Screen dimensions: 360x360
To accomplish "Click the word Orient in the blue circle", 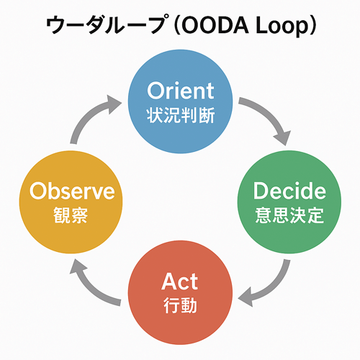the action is click(181, 91).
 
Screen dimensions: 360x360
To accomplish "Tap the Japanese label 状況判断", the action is click(181, 115).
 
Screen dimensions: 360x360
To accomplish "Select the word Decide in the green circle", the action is click(289, 191).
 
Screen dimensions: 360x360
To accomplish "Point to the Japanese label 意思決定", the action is click(289, 215).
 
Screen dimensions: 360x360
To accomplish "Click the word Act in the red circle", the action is click(180, 282).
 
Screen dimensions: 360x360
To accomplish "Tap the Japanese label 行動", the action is click(181, 305).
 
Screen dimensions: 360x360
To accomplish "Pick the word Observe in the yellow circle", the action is click(72, 191).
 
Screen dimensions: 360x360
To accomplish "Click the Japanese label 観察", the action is click(71, 215).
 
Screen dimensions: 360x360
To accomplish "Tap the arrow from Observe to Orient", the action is click(89, 115).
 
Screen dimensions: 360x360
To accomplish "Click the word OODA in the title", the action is click(215, 25).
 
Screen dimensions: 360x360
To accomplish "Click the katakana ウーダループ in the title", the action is click(106, 24).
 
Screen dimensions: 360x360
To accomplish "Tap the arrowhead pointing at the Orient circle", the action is click(114, 104).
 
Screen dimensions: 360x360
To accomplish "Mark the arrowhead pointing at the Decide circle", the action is click(283, 138).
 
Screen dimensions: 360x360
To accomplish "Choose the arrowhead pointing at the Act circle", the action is click(246, 297).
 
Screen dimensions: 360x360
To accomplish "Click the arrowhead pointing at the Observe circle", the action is click(77, 266).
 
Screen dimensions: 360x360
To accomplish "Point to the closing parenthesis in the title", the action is click(312, 25).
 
